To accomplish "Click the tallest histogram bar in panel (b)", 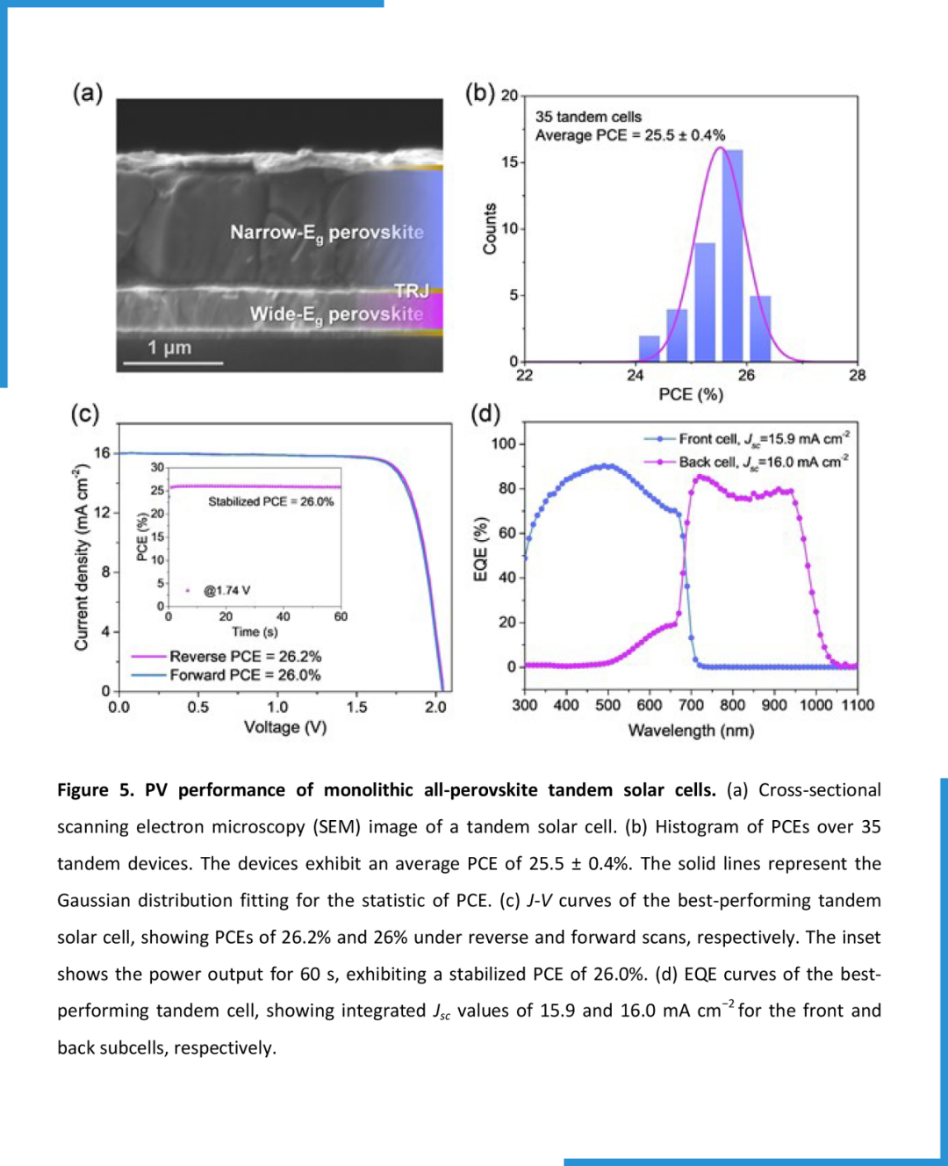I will tap(732, 255).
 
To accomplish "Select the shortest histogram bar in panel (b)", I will tap(649, 348).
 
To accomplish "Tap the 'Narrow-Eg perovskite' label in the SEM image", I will tap(327, 233).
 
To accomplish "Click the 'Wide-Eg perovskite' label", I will tap(336, 314).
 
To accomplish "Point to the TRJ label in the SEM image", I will tap(411, 291).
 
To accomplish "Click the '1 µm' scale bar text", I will tap(169, 348).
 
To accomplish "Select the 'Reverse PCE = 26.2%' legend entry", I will tap(245, 656).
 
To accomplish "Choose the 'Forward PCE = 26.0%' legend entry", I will tap(245, 674).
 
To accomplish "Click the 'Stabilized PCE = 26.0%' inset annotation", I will tap(270, 501).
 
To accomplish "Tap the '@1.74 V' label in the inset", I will tap(226, 590).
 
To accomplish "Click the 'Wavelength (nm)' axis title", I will tap(691, 731).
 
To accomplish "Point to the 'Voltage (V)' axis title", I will tap(285, 727).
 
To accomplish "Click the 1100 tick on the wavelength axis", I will tap(858, 704).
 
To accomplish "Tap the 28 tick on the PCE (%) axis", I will tap(858, 375).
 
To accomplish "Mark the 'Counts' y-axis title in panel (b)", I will tap(490, 229).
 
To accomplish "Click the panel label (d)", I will tap(485, 413).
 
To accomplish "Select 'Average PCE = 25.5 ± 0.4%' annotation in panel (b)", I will tap(630, 135).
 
